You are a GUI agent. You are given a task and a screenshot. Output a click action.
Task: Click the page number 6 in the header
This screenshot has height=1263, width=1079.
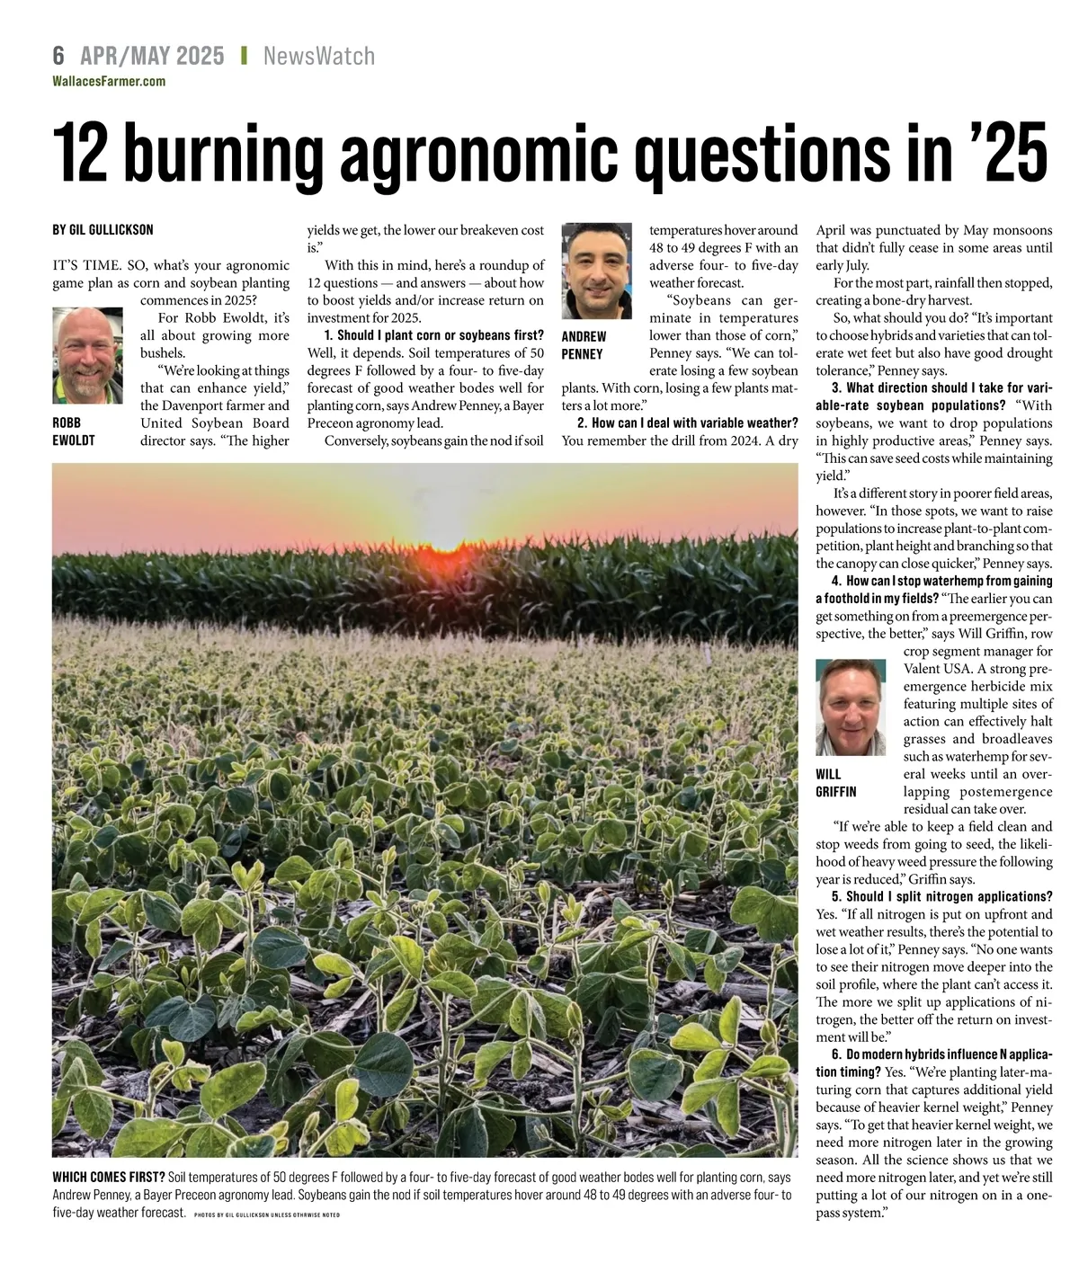click(x=58, y=56)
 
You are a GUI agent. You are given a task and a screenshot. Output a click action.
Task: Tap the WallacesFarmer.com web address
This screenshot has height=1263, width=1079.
click(x=109, y=81)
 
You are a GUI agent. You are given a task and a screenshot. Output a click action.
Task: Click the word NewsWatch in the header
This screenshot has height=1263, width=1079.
click(x=319, y=56)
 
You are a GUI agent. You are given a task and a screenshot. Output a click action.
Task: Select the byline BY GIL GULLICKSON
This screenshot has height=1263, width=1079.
click(x=103, y=230)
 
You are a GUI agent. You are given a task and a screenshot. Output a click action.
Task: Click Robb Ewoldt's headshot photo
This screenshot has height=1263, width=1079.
click(x=87, y=355)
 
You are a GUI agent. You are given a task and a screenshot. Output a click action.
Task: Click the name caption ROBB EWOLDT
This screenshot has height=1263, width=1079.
click(x=73, y=431)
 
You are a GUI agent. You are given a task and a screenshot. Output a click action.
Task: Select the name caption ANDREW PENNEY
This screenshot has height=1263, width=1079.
click(x=584, y=345)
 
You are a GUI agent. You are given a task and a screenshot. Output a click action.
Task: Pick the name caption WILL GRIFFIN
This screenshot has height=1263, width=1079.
click(x=835, y=783)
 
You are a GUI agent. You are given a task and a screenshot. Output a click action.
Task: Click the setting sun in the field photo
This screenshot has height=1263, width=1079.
click(x=447, y=544)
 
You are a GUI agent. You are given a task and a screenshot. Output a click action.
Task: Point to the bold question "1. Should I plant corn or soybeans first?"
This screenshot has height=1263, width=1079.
click(x=433, y=335)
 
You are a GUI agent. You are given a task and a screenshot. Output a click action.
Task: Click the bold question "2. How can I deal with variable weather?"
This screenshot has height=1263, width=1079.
click(x=687, y=423)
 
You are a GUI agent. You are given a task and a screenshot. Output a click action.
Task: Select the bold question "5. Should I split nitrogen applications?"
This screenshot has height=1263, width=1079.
click(x=941, y=897)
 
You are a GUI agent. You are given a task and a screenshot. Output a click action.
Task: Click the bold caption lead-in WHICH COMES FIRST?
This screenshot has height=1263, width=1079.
click(x=108, y=1178)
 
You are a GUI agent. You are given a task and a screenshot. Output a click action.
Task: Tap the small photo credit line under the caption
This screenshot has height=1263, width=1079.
click(x=266, y=1214)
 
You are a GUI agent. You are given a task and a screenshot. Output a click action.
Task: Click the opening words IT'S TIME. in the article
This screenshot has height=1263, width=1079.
click(x=84, y=265)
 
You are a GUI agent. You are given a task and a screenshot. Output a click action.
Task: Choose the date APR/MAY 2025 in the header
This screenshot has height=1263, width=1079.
click(x=152, y=56)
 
